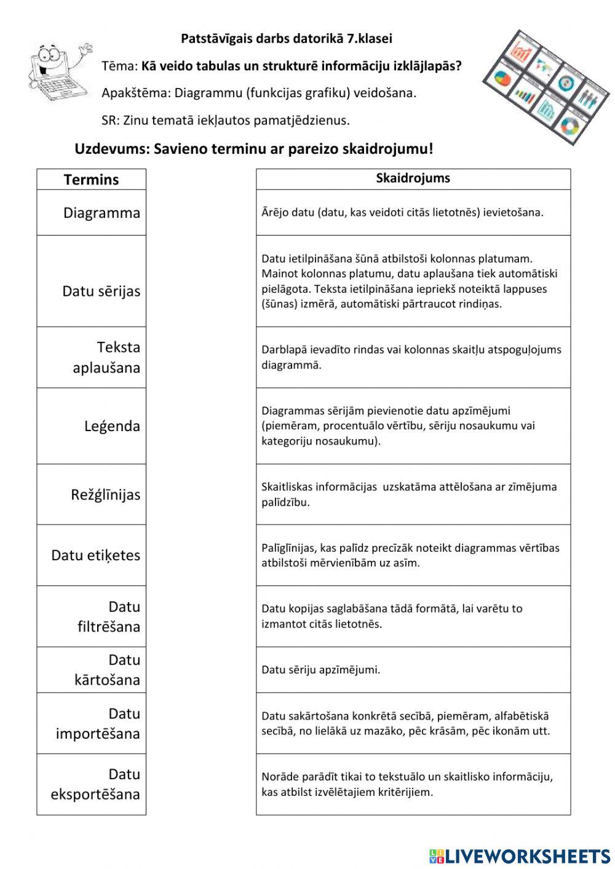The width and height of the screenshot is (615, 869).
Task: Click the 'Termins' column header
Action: pos(91,180)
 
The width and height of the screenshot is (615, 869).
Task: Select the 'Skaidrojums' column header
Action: pos(413,178)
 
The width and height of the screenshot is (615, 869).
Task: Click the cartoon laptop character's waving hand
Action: pos(85,49)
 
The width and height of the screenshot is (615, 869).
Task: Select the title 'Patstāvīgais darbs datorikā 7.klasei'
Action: pos(287,39)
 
